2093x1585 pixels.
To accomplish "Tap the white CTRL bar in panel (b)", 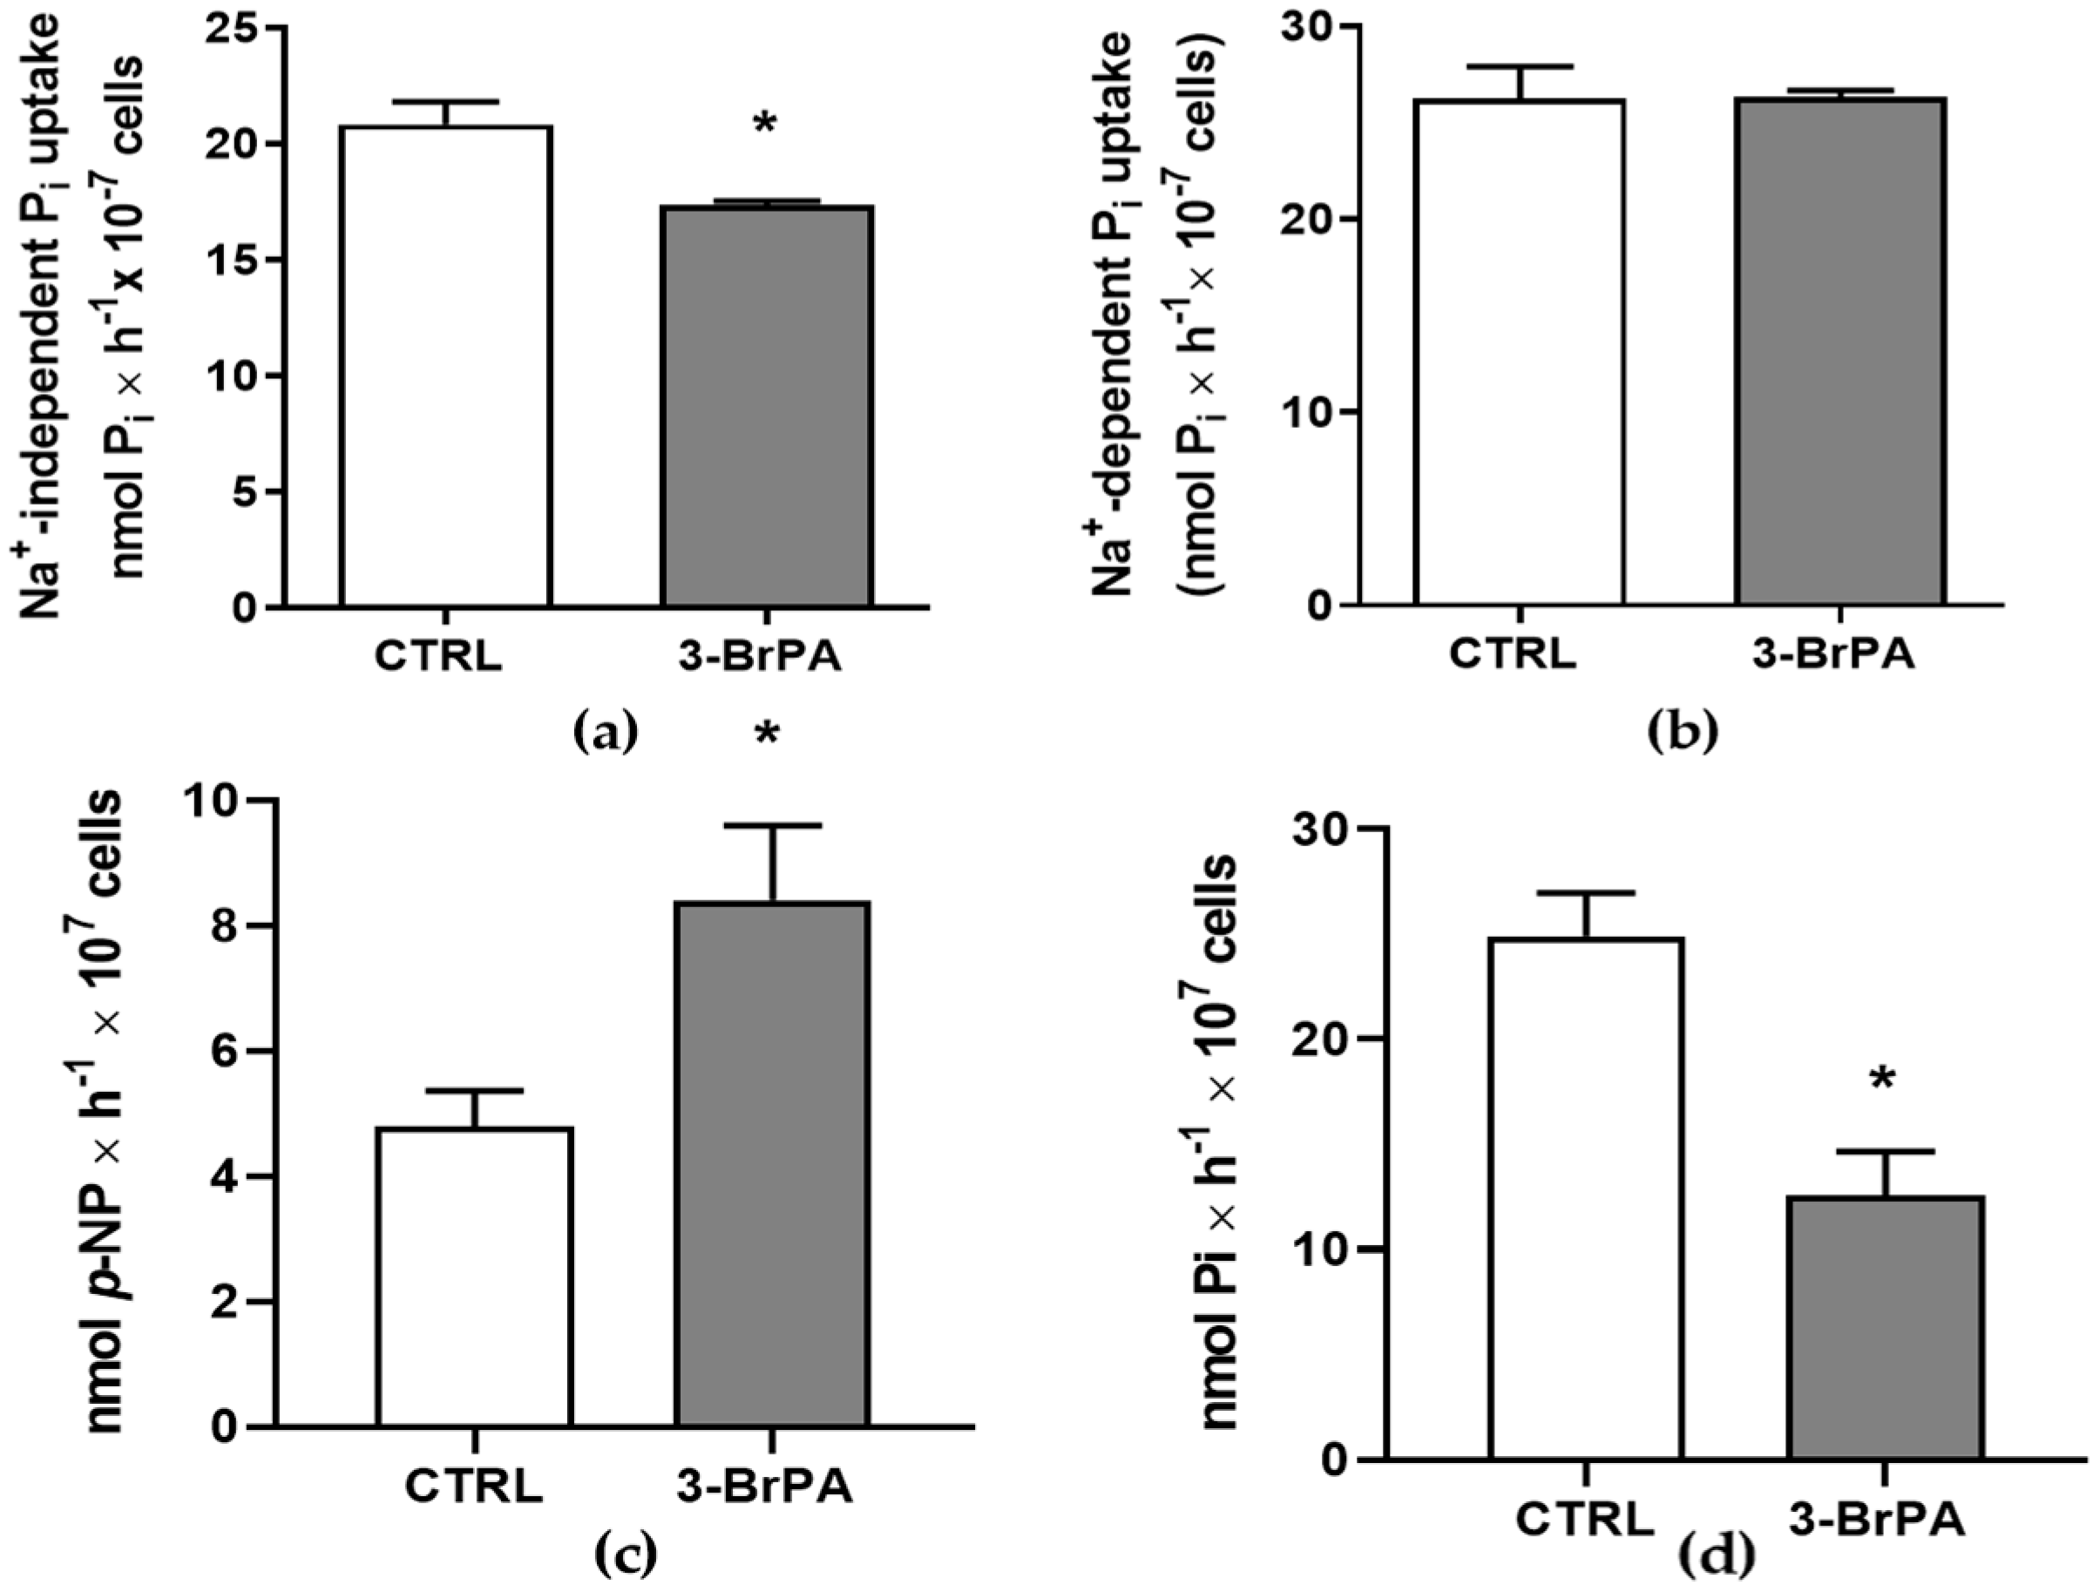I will point(1520,352).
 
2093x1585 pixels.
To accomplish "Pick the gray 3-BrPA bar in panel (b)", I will point(1839,351).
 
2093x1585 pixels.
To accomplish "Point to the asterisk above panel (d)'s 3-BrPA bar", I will point(1883,1080).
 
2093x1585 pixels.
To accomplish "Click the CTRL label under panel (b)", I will point(1513,656).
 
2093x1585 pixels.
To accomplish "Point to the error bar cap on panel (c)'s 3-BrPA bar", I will point(772,826).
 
